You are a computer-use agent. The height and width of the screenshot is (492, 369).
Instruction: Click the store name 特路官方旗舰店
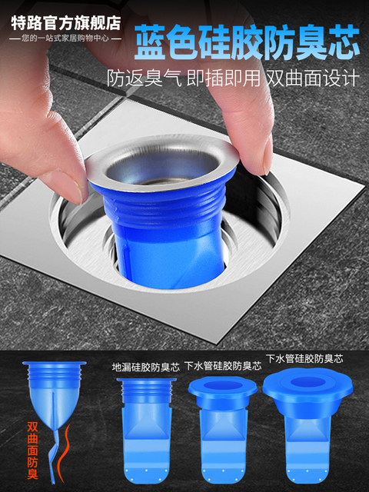(x=67, y=22)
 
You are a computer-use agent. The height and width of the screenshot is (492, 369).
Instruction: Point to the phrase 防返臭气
(x=145, y=78)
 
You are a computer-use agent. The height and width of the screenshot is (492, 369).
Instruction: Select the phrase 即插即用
(x=224, y=78)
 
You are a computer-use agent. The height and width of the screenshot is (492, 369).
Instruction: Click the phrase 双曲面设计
(x=313, y=78)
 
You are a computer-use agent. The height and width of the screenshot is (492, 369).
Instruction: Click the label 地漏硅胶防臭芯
(x=146, y=367)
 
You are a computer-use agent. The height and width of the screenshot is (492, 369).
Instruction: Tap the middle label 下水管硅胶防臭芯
(x=223, y=366)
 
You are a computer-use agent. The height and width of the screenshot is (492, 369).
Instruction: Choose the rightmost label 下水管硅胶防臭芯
(x=304, y=358)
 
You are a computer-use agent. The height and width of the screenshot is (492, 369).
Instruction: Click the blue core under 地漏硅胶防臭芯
(x=147, y=430)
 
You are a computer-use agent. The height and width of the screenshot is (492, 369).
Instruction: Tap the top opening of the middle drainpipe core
(x=223, y=386)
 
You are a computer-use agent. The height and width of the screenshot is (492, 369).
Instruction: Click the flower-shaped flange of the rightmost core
(x=307, y=384)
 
